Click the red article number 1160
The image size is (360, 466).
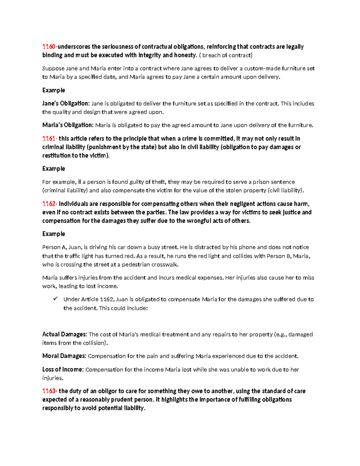(x=49, y=47)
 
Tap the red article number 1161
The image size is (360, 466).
(x=49, y=138)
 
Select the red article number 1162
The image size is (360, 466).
(x=49, y=204)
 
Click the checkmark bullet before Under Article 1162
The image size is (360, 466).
(x=55, y=299)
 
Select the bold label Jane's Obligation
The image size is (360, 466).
(x=66, y=104)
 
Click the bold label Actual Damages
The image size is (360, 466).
(x=64, y=334)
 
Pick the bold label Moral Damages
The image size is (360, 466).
(x=64, y=356)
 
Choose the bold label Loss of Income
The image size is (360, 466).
(x=63, y=369)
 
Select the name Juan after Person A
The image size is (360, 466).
(x=74, y=247)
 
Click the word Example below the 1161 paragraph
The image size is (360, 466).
(x=54, y=169)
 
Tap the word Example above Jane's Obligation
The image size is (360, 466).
(x=54, y=90)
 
